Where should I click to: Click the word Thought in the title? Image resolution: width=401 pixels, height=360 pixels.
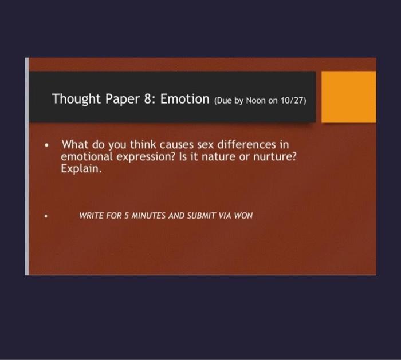pos(76,99)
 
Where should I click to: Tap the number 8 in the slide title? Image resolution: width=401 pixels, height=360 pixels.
pos(148,98)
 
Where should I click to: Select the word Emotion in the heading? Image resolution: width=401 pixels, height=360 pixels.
pos(184,98)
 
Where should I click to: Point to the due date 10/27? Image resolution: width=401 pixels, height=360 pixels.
pos(293,100)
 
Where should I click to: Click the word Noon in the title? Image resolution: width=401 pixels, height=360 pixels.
pos(255,100)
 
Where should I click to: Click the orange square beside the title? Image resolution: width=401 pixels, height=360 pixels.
pos(348,97)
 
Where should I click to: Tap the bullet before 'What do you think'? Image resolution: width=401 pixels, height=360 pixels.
pos(46,145)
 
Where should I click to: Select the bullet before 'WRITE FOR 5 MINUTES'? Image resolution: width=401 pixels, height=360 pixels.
pos(46,216)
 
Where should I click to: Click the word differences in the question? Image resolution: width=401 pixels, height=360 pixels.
pos(246,145)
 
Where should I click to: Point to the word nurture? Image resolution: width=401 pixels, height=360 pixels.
pos(275,157)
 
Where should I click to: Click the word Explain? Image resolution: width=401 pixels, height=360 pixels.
pos(81,169)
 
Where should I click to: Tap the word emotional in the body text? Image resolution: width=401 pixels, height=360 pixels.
pos(87,157)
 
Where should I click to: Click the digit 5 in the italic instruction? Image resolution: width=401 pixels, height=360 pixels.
pos(127,216)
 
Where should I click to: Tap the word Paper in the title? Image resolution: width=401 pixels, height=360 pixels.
pos(123,99)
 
